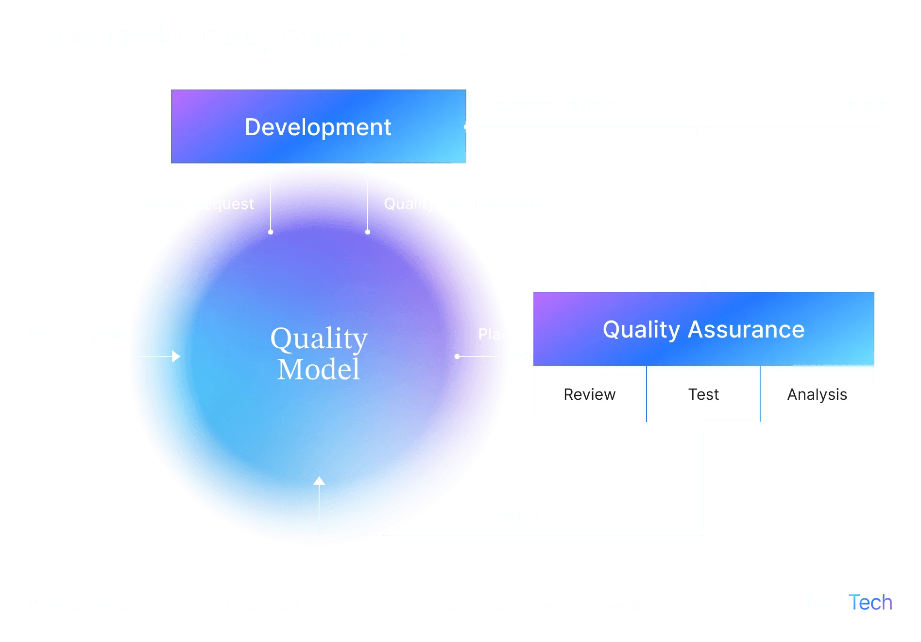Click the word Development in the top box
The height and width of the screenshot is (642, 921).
coord(318,127)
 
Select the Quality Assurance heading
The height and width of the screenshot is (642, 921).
coord(703,329)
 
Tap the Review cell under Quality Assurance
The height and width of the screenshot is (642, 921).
coord(589,394)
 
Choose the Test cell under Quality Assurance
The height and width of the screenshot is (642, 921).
coord(703,394)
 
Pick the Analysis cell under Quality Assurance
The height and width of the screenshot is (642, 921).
coord(817,394)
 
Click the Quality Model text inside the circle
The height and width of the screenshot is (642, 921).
coord(319,354)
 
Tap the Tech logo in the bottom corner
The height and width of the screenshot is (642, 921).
coord(851,602)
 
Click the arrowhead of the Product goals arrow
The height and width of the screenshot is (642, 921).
coord(176,357)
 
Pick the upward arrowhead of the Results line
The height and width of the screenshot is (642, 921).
coord(319,481)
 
